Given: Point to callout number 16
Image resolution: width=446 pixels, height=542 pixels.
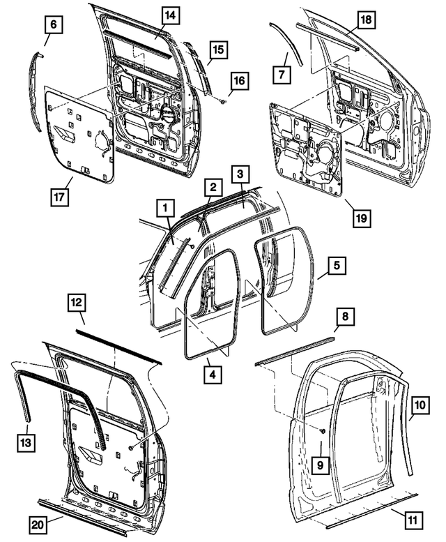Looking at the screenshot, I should (239, 82).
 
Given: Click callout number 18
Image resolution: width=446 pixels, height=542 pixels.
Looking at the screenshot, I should (363, 22).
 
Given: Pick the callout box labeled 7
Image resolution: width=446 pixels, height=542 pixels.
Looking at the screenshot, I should (282, 74).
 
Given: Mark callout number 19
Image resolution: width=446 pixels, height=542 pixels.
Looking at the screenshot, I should (360, 216).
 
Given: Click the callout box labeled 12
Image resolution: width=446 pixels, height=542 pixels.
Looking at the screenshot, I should (78, 302).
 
